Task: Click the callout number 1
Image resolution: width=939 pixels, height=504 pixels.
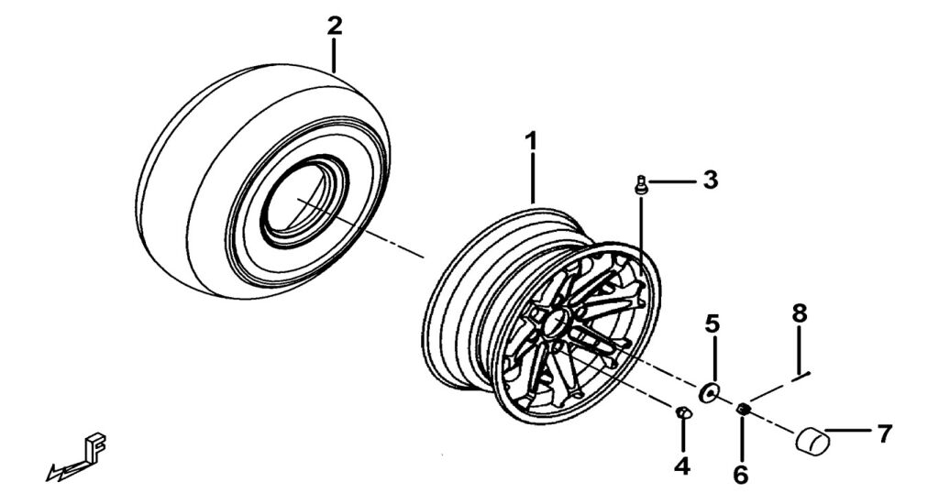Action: click(x=530, y=143)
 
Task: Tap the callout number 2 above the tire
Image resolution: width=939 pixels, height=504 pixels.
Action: click(x=335, y=26)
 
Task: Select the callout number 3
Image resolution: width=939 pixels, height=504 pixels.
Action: click(x=710, y=180)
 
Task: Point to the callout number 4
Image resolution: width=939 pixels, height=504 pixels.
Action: click(x=681, y=466)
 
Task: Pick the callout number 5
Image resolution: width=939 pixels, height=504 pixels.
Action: click(x=713, y=323)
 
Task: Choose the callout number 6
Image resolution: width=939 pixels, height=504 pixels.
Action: click(x=741, y=474)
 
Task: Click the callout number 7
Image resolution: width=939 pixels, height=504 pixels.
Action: click(x=884, y=433)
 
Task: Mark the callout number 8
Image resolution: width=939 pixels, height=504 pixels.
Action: click(x=800, y=313)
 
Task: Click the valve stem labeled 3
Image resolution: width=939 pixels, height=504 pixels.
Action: click(x=641, y=186)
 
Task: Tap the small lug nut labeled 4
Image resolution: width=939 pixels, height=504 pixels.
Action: click(x=683, y=413)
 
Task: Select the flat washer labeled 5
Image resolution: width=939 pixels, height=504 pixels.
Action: click(x=709, y=393)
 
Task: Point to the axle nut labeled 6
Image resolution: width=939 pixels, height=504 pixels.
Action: click(x=743, y=409)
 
